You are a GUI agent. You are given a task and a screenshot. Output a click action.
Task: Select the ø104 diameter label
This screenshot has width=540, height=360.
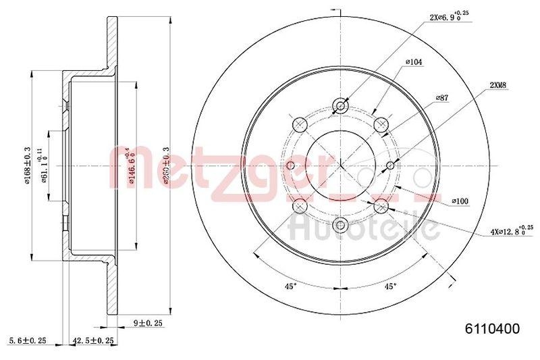[414, 62]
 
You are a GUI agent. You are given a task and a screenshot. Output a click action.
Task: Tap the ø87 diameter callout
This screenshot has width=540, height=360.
[442, 98]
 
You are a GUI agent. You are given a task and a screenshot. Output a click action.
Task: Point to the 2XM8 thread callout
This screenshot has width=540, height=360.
[500, 86]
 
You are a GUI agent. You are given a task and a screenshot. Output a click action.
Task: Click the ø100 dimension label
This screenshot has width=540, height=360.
[461, 201]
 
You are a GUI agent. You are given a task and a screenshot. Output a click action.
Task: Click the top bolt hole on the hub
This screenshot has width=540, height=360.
[341, 106]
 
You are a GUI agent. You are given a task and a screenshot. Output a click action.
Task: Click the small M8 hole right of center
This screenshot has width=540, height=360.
[391, 165]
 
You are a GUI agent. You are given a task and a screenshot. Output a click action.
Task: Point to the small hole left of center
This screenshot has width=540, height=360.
[290, 165]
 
